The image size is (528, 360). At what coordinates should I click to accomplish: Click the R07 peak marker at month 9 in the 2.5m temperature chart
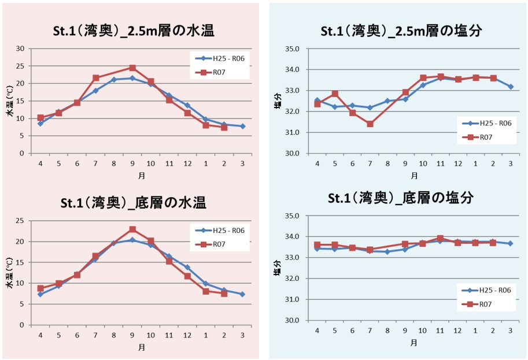(132, 68)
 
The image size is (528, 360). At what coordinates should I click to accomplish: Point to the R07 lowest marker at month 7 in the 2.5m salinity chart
(370, 124)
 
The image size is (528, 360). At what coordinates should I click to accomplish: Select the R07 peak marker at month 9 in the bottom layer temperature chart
(132, 229)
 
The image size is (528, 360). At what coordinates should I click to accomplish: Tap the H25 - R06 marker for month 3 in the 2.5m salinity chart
(511, 87)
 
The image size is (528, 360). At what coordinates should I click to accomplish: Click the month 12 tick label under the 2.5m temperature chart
(187, 164)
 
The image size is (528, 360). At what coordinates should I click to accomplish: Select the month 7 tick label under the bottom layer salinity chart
(370, 330)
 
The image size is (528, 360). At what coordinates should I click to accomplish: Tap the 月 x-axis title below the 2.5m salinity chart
(414, 175)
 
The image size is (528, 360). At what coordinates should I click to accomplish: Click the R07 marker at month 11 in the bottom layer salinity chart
(440, 238)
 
